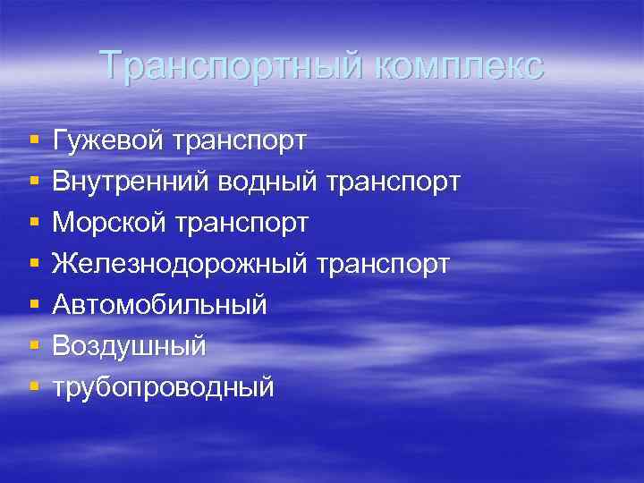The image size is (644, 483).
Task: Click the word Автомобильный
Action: (160, 305)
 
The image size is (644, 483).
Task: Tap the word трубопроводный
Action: (164, 387)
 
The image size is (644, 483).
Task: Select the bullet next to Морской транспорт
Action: (33, 223)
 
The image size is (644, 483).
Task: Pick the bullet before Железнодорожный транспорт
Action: (33, 264)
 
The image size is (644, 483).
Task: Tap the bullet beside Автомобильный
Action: (33, 305)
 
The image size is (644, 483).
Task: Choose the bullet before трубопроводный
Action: (33, 387)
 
